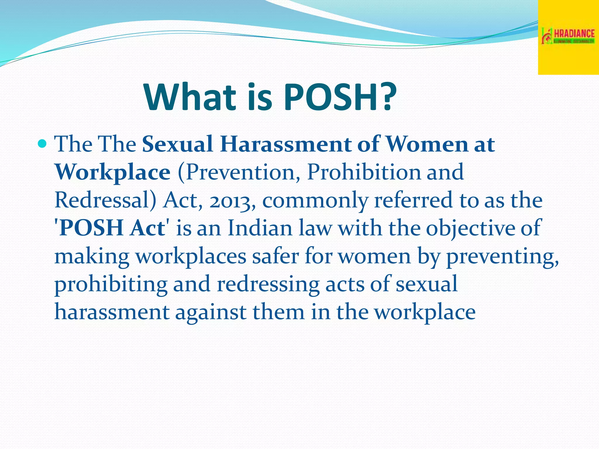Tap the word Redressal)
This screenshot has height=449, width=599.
pyautogui.click(x=106, y=200)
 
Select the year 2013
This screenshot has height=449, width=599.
pyautogui.click(x=232, y=201)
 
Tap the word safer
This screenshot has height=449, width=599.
pyautogui.click(x=276, y=256)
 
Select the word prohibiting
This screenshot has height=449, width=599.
pyautogui.click(x=111, y=284)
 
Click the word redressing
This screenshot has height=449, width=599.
pyautogui.click(x=268, y=284)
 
